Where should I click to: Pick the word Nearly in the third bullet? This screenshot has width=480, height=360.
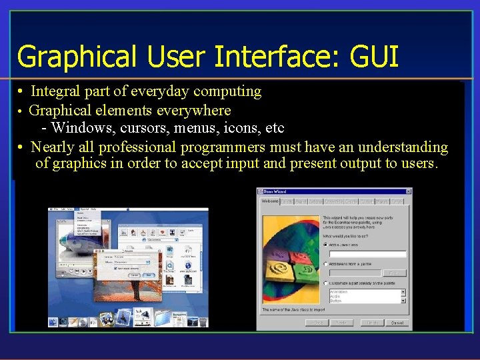tap(53, 147)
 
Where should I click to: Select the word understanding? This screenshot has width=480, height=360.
tap(403, 147)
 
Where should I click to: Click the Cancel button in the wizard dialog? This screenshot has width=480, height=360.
tap(397, 323)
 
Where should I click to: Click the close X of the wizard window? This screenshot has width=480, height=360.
tap(409, 192)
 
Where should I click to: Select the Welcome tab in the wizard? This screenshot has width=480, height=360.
tap(269, 201)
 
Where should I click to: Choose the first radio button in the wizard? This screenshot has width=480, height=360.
tap(325, 244)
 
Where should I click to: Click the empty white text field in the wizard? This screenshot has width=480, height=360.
tap(367, 254)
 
